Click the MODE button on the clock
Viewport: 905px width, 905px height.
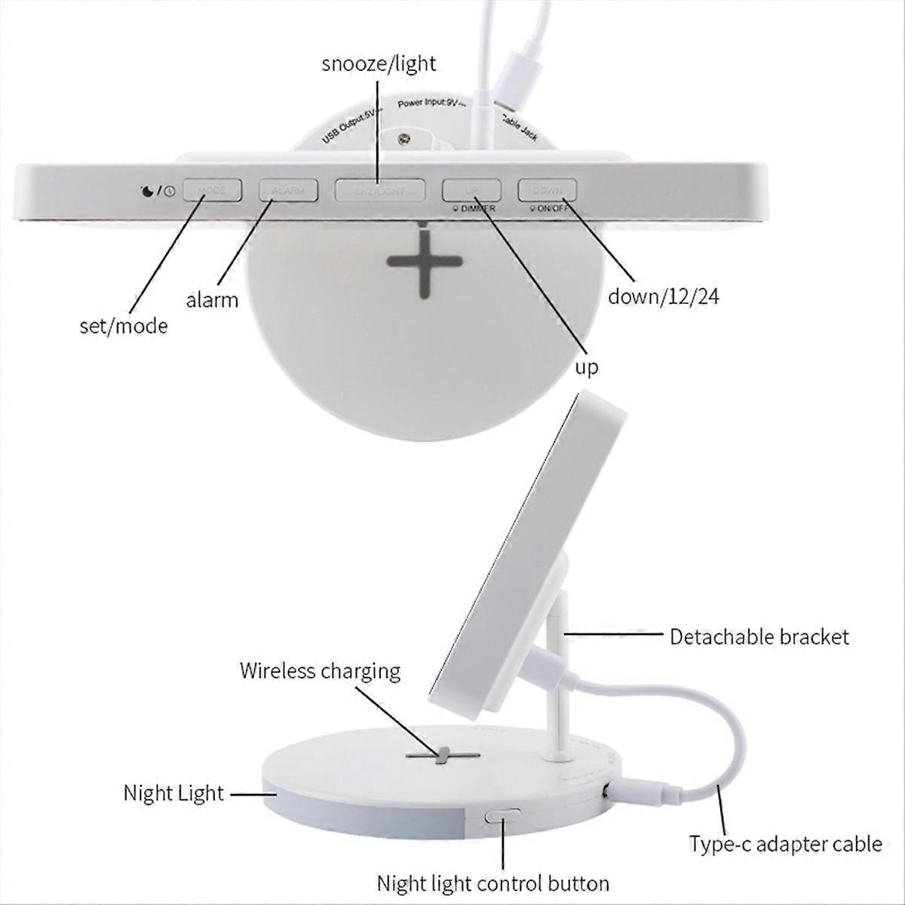212,190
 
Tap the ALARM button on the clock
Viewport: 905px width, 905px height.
288,190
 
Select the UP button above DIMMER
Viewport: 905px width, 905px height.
471,189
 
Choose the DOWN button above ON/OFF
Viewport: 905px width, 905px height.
547,189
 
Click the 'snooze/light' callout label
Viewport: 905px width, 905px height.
379,63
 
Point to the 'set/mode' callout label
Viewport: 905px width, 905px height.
124,326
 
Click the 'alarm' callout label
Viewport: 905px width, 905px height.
212,300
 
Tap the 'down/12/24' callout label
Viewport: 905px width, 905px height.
664,296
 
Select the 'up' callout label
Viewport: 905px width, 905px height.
587,367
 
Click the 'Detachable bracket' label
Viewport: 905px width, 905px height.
759,637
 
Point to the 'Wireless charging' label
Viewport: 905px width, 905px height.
320,670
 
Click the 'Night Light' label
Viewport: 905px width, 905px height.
173,793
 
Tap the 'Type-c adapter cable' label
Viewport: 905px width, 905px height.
785,843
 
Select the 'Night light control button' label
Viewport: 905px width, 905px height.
493,883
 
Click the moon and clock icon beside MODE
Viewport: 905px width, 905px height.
158,191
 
